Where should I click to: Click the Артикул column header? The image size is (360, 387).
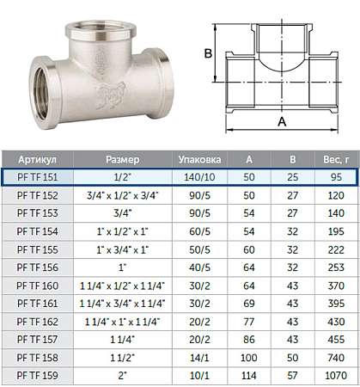click(37, 159)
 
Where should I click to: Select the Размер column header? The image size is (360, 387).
click(123, 159)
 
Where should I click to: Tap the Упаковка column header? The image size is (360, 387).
click(199, 159)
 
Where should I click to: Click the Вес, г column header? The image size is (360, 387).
click(336, 159)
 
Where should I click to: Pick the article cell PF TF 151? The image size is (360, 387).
click(38, 177)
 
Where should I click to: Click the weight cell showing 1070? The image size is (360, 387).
click(336, 375)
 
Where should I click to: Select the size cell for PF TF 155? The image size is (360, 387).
click(123, 249)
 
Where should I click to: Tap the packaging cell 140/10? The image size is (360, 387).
click(199, 177)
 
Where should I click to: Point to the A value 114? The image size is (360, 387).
click(249, 375)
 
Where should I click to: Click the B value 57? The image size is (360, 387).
click(292, 375)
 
